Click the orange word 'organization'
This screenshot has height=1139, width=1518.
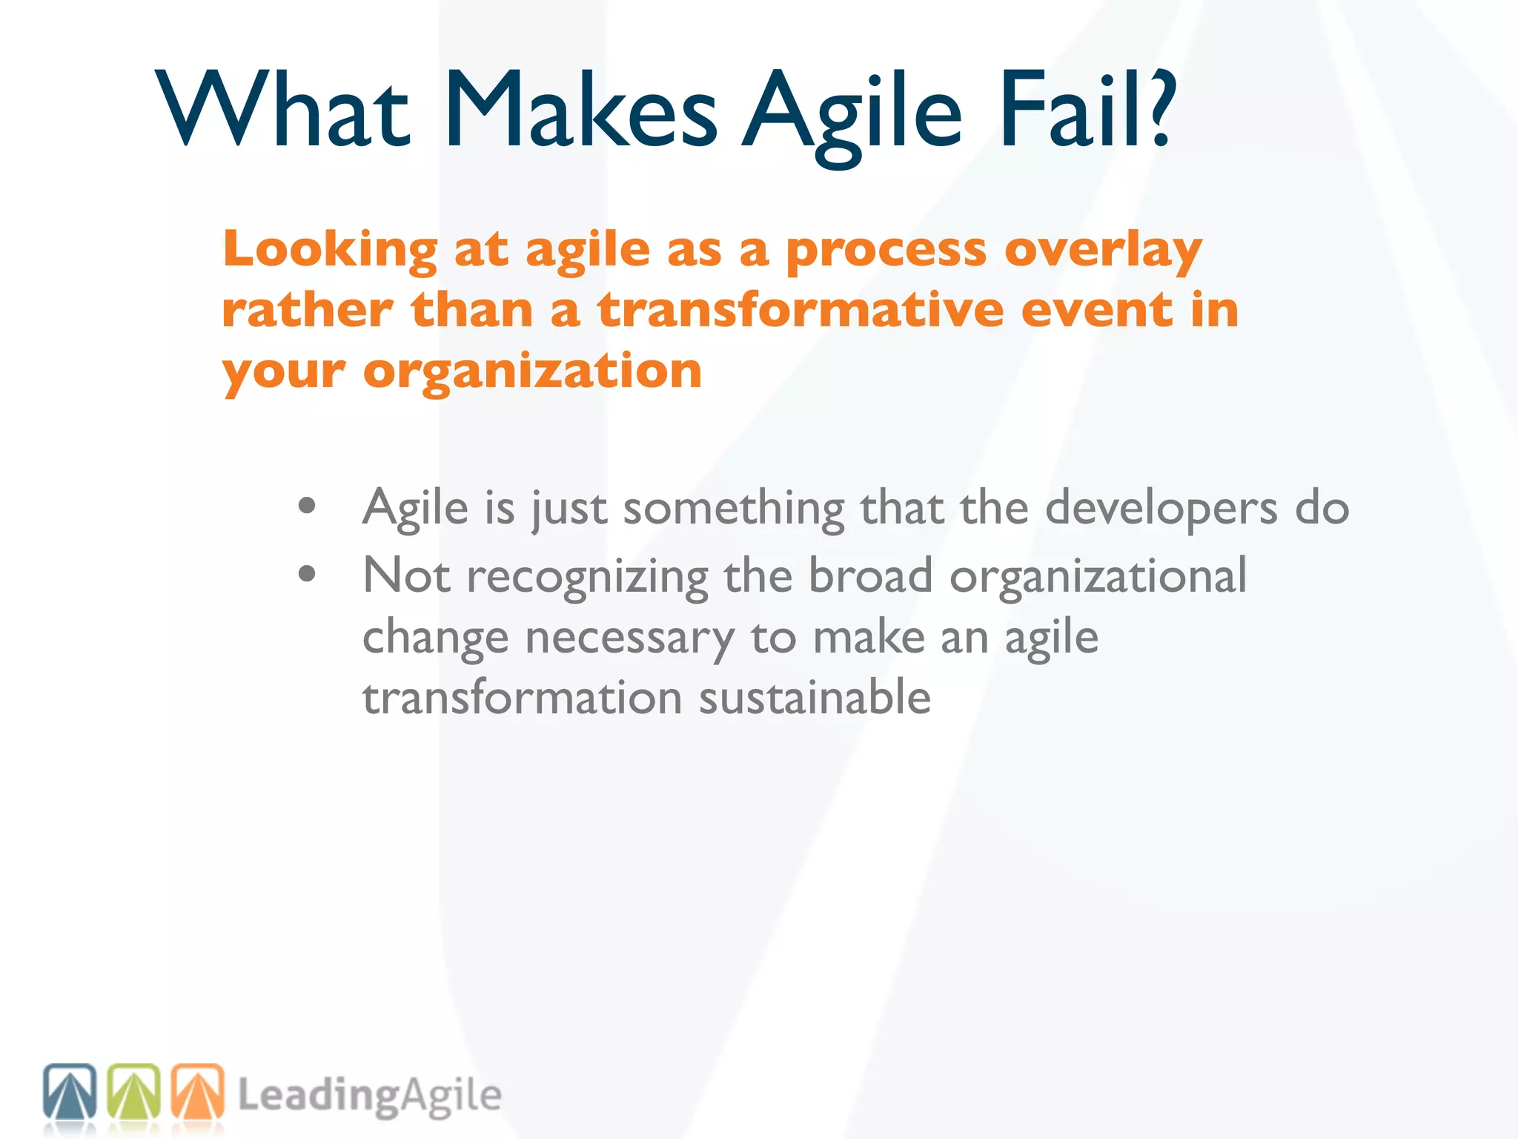coord(532,371)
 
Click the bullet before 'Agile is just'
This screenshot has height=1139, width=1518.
coord(307,507)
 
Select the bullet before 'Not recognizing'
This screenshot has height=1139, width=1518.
coord(307,574)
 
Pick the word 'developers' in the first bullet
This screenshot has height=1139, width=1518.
coord(1161,509)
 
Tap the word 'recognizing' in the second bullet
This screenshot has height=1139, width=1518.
coord(587,577)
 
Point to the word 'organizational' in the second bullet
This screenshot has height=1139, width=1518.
coord(1098,575)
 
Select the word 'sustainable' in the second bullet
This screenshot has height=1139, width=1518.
coord(815,698)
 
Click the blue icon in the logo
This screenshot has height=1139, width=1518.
coord(70,1092)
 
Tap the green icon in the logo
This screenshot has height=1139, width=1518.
coord(134,1092)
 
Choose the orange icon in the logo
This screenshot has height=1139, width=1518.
coord(198,1092)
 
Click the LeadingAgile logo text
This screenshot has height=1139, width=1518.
coord(369,1095)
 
